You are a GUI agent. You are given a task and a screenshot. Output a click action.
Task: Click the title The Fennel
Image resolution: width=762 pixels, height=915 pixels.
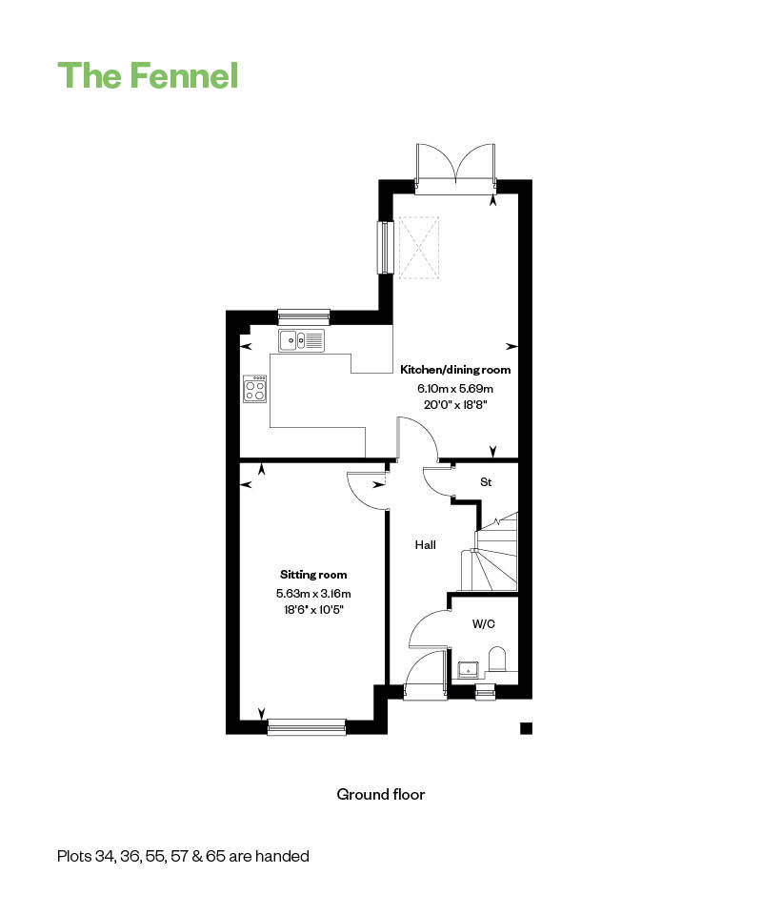click(x=148, y=75)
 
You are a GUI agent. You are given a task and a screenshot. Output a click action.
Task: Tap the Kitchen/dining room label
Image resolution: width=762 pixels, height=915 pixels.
click(x=455, y=370)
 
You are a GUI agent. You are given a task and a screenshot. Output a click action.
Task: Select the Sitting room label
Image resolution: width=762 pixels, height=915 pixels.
click(x=313, y=575)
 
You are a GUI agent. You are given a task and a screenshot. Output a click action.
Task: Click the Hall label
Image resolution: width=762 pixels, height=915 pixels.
click(x=426, y=545)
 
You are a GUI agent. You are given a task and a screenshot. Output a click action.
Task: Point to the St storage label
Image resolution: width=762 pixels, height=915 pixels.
click(x=486, y=482)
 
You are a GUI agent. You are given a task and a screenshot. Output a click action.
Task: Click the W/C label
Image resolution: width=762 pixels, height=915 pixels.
click(x=483, y=623)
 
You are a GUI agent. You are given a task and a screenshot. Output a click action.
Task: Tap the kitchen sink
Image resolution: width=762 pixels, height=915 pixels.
click(x=301, y=340)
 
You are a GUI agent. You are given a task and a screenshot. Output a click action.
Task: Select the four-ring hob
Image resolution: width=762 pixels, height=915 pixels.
click(x=255, y=389)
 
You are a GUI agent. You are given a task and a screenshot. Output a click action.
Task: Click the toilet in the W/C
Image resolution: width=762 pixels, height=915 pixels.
click(x=496, y=659)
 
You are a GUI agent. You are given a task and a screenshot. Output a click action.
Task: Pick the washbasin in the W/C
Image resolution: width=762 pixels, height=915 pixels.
click(x=469, y=670)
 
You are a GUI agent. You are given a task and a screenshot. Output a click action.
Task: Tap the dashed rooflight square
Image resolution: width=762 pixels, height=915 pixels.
click(x=418, y=248)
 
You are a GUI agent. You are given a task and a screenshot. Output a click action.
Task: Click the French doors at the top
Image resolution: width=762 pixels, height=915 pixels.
click(x=455, y=170)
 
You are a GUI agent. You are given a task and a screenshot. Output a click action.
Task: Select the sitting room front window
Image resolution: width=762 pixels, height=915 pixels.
click(x=307, y=726)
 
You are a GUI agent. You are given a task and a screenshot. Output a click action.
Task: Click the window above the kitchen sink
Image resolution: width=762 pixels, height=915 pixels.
click(x=304, y=316)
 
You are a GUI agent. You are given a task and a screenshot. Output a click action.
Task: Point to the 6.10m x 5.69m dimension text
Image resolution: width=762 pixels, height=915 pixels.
click(x=455, y=388)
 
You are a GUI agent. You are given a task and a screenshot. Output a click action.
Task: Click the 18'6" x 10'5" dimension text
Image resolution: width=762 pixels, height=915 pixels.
click(x=313, y=610)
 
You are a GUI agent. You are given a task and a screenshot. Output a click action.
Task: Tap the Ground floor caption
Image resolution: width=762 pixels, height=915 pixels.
click(x=381, y=794)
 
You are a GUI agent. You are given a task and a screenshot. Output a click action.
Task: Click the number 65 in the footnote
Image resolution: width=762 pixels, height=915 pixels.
click(x=215, y=856)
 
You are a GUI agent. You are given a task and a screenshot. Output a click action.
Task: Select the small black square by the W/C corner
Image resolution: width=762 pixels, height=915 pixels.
click(x=527, y=727)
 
